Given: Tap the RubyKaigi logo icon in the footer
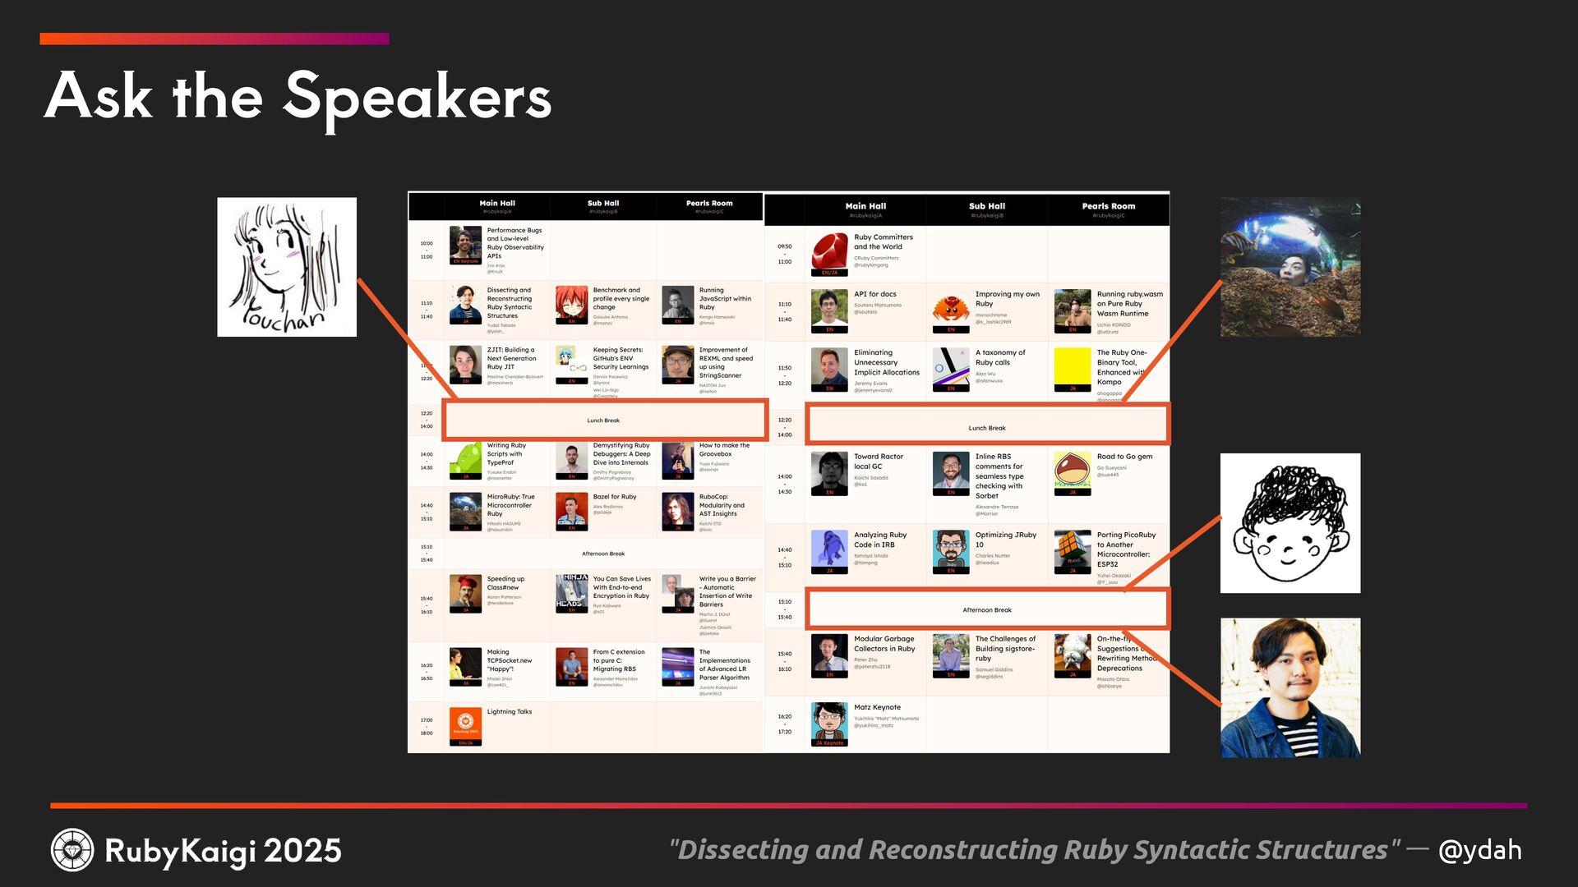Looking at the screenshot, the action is (x=72, y=850).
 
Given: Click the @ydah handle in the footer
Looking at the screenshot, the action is (x=1479, y=850).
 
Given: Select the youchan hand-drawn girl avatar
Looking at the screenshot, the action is (x=287, y=267).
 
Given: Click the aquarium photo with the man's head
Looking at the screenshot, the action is (x=1290, y=267).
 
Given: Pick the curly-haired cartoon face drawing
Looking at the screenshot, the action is (x=1290, y=523).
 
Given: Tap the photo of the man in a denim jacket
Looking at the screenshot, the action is (x=1290, y=687).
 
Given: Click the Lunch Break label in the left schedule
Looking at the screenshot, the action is (x=603, y=421).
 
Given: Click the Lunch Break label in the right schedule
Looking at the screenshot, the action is (x=987, y=428).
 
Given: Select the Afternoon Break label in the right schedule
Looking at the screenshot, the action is (x=987, y=610).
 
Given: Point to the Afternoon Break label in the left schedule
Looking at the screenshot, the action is (x=603, y=554).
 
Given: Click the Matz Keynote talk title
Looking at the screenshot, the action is (x=877, y=707).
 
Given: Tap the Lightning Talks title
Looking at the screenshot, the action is (x=510, y=712).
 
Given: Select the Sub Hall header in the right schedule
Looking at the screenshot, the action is (x=986, y=206).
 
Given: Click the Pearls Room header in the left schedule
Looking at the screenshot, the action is (x=709, y=203).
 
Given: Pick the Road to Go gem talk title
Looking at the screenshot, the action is (x=1124, y=457).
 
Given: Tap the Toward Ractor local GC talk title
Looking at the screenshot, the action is (x=878, y=461).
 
